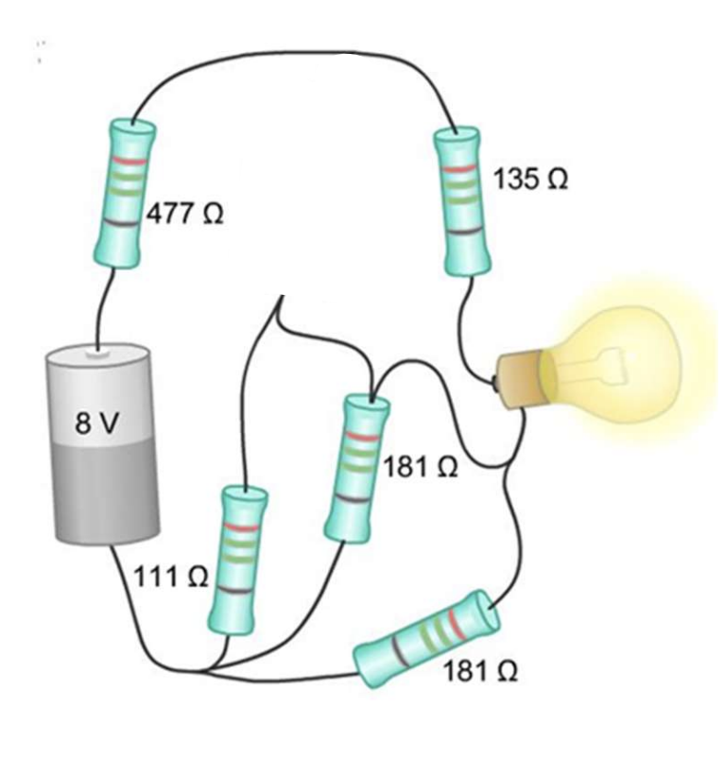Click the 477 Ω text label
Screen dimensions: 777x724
tap(184, 215)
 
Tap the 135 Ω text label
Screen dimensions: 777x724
tap(530, 179)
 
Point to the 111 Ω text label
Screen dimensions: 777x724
tap(169, 577)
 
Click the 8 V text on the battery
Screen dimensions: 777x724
tap(97, 423)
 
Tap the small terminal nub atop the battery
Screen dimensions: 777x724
tap(98, 354)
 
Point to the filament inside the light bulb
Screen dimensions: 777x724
tap(605, 364)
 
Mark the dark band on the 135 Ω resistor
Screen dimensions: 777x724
tap(462, 231)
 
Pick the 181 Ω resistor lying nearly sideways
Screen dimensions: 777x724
tap(425, 641)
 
